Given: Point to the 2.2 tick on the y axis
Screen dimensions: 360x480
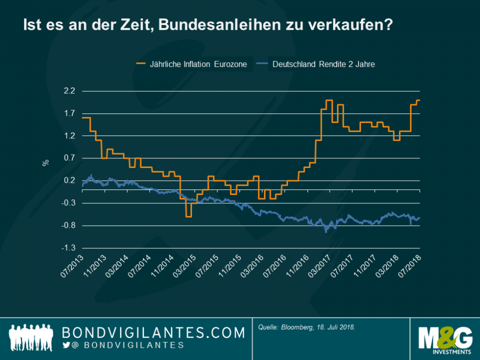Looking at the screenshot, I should click(69, 91).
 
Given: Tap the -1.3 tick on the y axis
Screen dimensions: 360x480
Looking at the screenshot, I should click(68, 248).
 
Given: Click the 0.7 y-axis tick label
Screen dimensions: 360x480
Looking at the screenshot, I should click(69, 158).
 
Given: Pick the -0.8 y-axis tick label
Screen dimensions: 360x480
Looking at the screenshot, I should click(68, 226).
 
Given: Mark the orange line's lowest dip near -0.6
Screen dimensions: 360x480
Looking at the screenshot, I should click(188, 217).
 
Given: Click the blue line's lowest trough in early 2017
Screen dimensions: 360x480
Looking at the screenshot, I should click(326, 231).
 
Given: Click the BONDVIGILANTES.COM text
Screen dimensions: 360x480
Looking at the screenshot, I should click(153, 333).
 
